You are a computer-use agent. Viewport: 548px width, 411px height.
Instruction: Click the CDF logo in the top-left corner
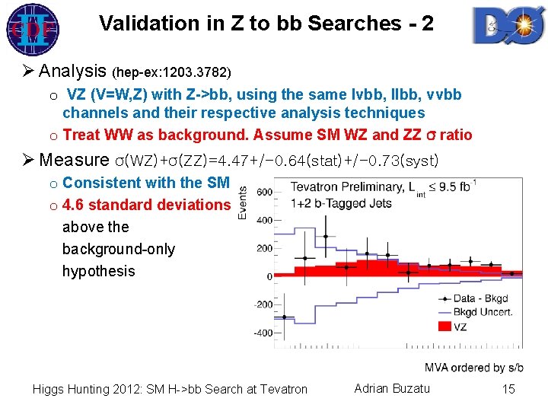click(x=29, y=29)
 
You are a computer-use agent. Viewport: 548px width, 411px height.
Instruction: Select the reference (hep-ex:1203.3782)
click(x=171, y=74)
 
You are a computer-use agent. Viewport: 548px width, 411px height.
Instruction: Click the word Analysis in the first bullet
click(x=72, y=72)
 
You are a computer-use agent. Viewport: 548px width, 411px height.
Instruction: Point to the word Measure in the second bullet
click(x=74, y=160)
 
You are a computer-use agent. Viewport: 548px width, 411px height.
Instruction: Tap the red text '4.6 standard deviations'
click(x=146, y=205)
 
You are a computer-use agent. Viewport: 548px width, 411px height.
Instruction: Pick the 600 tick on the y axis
click(x=263, y=193)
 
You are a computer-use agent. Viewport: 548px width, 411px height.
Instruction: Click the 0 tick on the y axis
click(x=269, y=276)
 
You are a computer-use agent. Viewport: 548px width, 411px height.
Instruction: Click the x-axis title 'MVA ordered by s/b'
click(x=473, y=368)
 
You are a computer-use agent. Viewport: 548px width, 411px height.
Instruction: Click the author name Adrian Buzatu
click(x=392, y=389)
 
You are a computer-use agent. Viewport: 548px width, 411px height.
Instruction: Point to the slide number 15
click(x=508, y=389)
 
